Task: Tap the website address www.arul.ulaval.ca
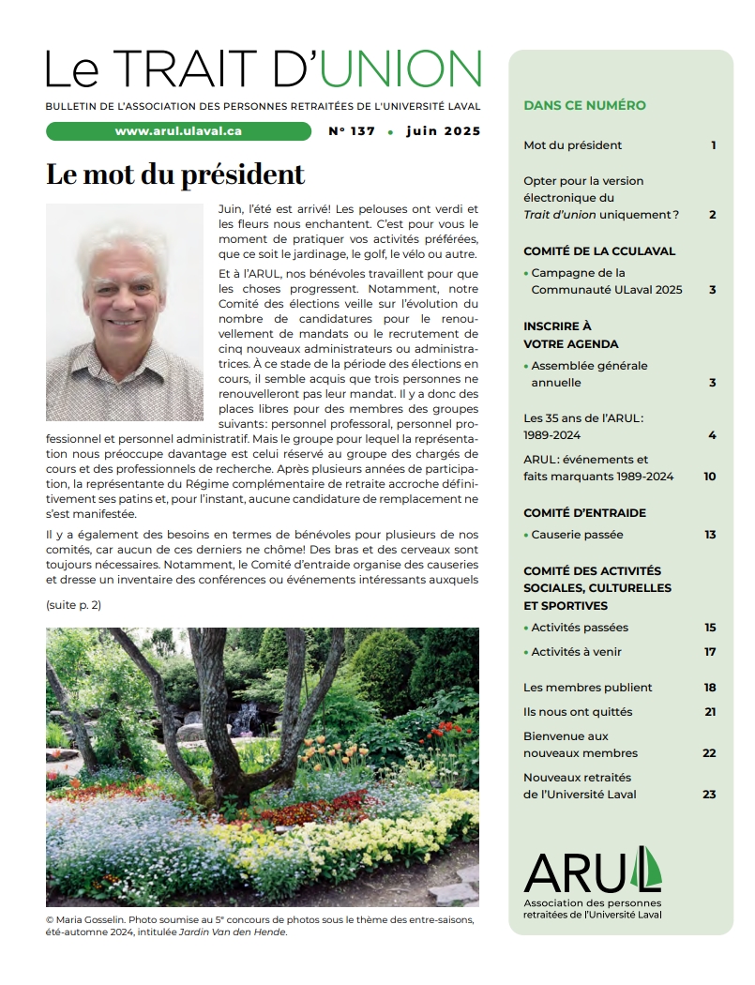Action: click(x=178, y=131)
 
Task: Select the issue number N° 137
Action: click(x=352, y=131)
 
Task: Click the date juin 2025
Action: click(x=443, y=131)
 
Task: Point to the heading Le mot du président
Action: click(x=175, y=174)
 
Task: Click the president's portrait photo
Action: click(x=125, y=312)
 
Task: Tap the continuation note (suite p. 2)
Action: click(x=73, y=605)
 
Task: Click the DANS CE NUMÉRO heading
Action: click(x=584, y=105)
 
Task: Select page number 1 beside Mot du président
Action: click(x=713, y=145)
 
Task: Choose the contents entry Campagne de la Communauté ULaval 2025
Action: click(x=606, y=281)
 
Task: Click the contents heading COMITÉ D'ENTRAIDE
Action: click(x=584, y=513)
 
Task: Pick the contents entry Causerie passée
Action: click(x=577, y=535)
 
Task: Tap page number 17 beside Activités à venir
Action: click(x=710, y=652)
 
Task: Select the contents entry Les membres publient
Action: click(x=587, y=688)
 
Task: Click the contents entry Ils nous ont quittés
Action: click(x=578, y=712)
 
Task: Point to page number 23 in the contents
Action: click(x=709, y=795)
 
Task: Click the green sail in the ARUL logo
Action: click(x=648, y=868)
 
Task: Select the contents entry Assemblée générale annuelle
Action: click(x=589, y=374)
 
